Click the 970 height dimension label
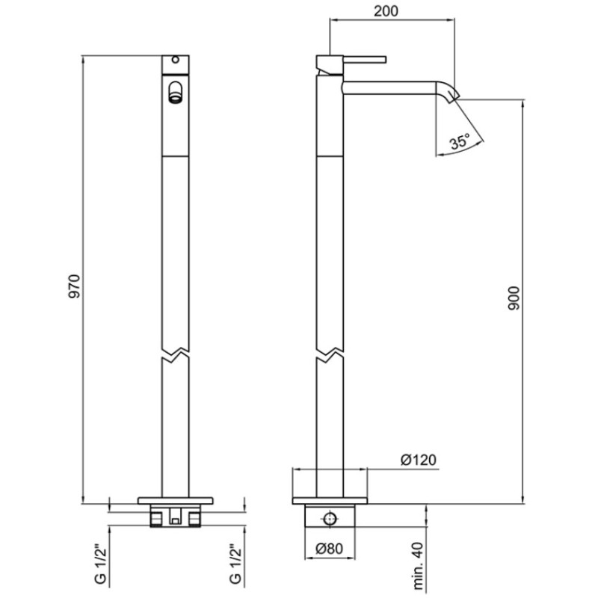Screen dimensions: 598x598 (75, 286)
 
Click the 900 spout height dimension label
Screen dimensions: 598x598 (514, 298)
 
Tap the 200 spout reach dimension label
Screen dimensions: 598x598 (386, 11)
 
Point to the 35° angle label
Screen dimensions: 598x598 (460, 142)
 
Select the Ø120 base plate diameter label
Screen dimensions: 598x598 (418, 460)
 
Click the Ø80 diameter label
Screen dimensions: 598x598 (329, 549)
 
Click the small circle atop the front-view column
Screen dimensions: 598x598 (175, 60)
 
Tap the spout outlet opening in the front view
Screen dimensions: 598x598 (175, 92)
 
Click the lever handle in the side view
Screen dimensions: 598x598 (365, 60)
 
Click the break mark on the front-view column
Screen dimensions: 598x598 (175, 354)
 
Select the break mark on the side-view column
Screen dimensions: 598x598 (330, 354)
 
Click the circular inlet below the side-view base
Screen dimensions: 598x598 (330, 519)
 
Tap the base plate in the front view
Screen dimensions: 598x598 (175, 500)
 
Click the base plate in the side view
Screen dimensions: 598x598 (330, 500)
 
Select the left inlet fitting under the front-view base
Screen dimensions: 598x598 (156, 519)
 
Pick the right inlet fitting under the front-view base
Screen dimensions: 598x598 (194, 519)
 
